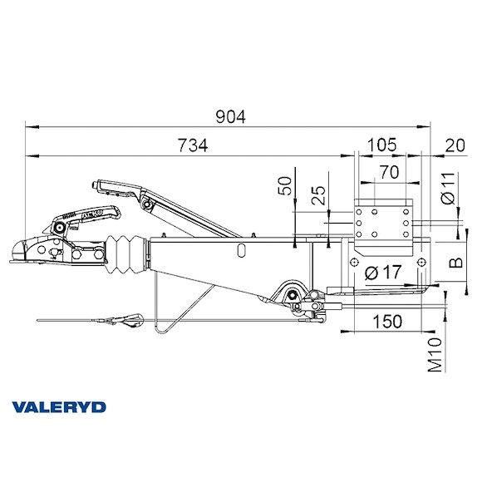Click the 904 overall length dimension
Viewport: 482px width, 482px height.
pyautogui.click(x=229, y=118)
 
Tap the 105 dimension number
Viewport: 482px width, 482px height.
pyautogui.click(x=381, y=145)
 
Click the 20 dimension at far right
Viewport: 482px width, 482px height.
pyautogui.click(x=455, y=145)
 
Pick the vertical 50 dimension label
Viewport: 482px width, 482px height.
pyautogui.click(x=287, y=185)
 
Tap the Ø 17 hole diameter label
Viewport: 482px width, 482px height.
pyautogui.click(x=383, y=271)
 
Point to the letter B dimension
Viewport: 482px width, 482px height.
pyautogui.click(x=455, y=264)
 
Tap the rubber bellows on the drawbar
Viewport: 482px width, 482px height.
pyautogui.click(x=127, y=253)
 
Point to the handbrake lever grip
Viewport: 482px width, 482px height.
pyautogui.click(x=113, y=186)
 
